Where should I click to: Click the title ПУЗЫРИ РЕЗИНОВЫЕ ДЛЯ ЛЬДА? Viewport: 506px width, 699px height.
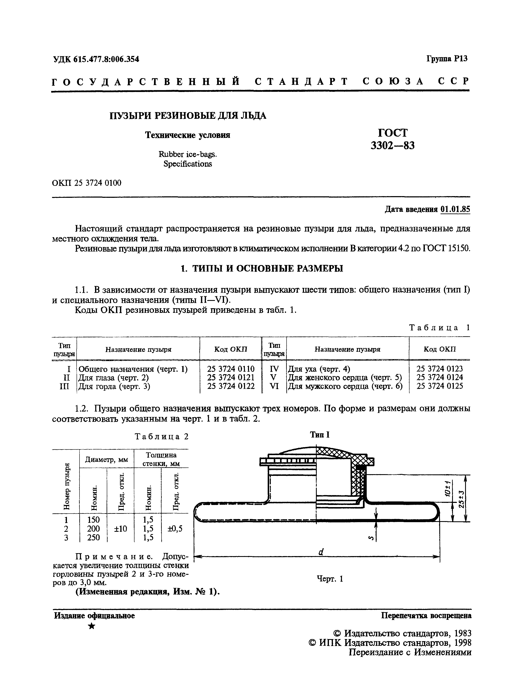pos(188,116)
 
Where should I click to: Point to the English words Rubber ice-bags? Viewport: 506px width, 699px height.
pos(188,154)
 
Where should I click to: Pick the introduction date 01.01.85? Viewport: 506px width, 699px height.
pos(455,209)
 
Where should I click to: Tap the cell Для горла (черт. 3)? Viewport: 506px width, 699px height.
pos(114,386)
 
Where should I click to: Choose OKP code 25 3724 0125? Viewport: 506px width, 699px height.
pos(440,386)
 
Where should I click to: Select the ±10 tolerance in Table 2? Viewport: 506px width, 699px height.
pos(120,529)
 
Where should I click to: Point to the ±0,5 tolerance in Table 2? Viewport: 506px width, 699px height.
pos(175,529)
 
